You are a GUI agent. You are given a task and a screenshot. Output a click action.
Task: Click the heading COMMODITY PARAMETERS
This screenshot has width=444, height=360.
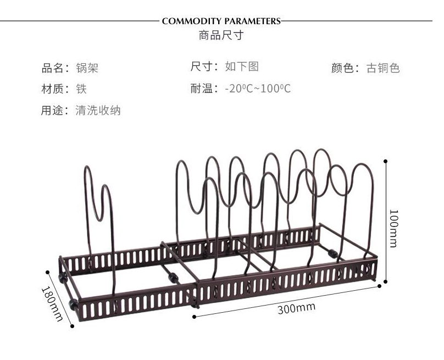(221, 21)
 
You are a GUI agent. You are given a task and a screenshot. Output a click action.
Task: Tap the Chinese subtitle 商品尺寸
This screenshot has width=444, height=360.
(221, 35)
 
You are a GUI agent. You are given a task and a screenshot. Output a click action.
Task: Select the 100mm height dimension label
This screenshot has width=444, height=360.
(394, 228)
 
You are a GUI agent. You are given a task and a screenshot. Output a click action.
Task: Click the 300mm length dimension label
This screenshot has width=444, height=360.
(297, 308)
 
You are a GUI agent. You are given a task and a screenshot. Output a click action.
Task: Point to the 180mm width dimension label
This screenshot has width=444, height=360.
(53, 304)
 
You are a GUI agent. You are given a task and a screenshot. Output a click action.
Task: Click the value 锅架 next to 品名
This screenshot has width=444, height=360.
(87, 68)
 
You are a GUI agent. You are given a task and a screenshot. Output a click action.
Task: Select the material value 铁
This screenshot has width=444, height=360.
(81, 89)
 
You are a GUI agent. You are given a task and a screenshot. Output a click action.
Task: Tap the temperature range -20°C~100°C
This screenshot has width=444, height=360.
(258, 88)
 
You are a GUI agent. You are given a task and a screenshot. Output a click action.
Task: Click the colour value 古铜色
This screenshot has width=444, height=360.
(383, 68)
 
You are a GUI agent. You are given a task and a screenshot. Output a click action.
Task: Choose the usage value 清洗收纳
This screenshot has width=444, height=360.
(98, 110)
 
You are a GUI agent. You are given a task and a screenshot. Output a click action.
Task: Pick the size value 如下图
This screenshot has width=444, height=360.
(242, 67)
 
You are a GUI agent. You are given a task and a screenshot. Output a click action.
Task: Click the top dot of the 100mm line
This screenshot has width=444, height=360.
(385, 161)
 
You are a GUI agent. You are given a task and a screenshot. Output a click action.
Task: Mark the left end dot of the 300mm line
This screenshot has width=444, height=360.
(195, 317)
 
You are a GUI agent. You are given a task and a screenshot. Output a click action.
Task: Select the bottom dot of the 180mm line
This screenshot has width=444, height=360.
(72, 326)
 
